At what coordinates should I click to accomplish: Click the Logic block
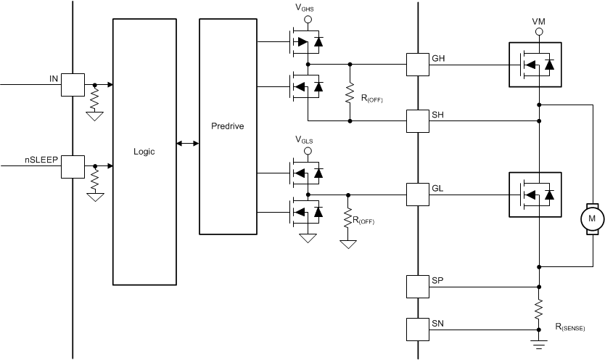144,152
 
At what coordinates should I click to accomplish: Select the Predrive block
229,126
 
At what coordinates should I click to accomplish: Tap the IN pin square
73,84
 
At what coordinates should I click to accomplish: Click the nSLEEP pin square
73,166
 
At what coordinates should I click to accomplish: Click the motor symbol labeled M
592,218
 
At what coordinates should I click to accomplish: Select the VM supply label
538,22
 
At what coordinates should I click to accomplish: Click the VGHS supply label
305,8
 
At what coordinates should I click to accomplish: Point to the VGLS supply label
305,139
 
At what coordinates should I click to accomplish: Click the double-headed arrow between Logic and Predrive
188,144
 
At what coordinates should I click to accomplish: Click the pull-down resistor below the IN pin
94,98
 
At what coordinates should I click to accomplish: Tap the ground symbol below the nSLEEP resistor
94,195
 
